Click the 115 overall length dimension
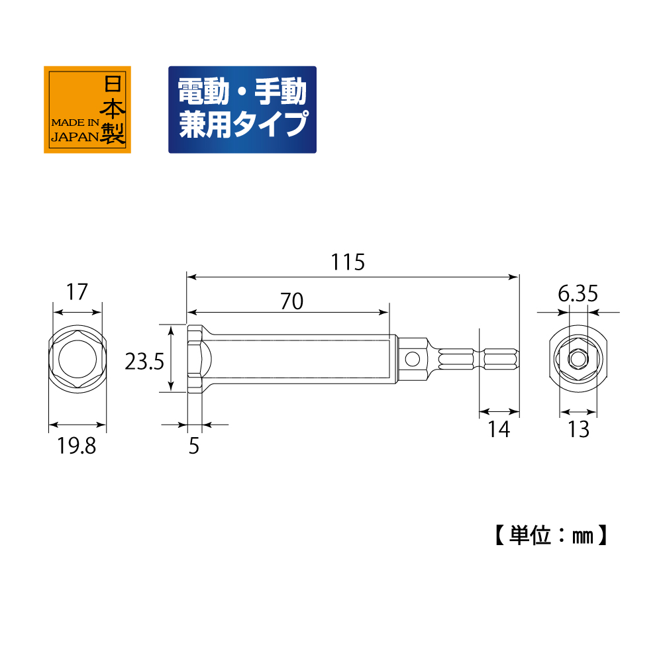pyautogui.click(x=348, y=262)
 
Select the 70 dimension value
pyautogui.click(x=291, y=301)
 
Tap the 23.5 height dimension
pyautogui.click(x=144, y=362)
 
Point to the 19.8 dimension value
pyautogui.click(x=77, y=446)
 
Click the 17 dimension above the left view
pyautogui.click(x=77, y=292)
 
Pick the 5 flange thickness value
pyautogui.click(x=193, y=446)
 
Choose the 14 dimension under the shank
pyautogui.click(x=499, y=430)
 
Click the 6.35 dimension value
pyautogui.click(x=578, y=294)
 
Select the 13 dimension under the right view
pyautogui.click(x=578, y=430)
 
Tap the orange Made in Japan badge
pyautogui.click(x=87, y=109)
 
